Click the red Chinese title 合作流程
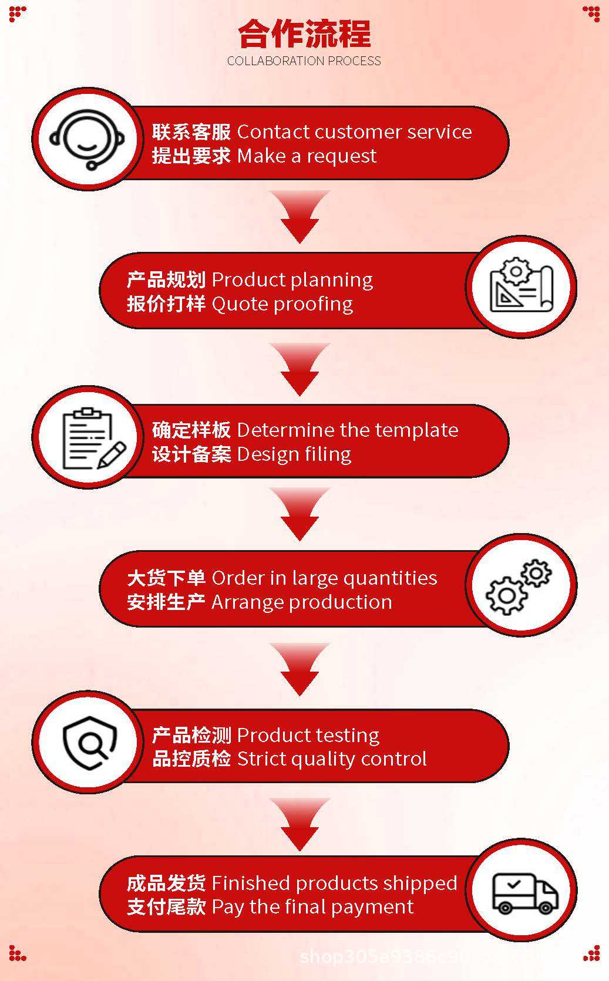point(304,34)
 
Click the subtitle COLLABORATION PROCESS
point(304,61)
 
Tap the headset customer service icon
point(87,139)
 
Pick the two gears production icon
point(520,586)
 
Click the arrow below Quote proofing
point(300,369)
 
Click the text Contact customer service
point(354,132)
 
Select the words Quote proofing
point(282,304)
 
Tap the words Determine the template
point(348,430)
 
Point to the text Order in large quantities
point(324,578)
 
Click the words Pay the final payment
point(312,906)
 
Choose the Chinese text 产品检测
point(191,735)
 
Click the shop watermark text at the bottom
point(411,957)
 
